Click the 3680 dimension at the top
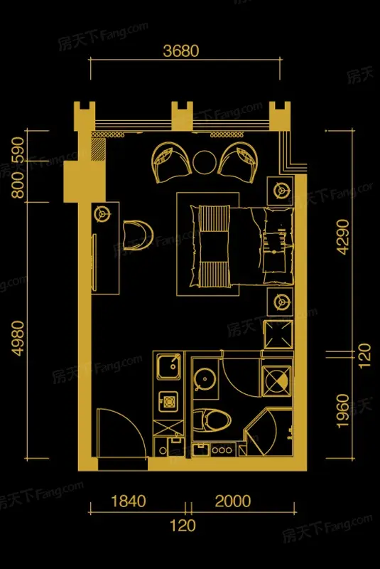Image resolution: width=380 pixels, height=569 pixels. (180, 50)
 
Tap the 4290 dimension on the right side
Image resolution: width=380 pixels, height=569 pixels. (342, 237)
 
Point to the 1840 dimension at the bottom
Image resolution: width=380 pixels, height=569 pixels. (129, 501)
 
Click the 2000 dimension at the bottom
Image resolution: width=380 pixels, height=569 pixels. (233, 501)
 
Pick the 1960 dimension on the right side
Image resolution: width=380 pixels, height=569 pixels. (342, 411)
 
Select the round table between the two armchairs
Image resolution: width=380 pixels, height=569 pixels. (205, 162)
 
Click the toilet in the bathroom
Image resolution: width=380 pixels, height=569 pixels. (212, 420)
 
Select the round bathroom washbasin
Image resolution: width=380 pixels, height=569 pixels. (205, 379)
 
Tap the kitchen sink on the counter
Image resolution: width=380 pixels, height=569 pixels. (168, 366)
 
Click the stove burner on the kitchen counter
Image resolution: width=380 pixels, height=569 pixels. (168, 401)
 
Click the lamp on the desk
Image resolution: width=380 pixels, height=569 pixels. (102, 214)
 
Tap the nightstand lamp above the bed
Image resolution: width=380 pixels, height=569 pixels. (280, 190)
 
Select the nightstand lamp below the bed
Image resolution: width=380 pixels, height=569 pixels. (280, 302)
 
